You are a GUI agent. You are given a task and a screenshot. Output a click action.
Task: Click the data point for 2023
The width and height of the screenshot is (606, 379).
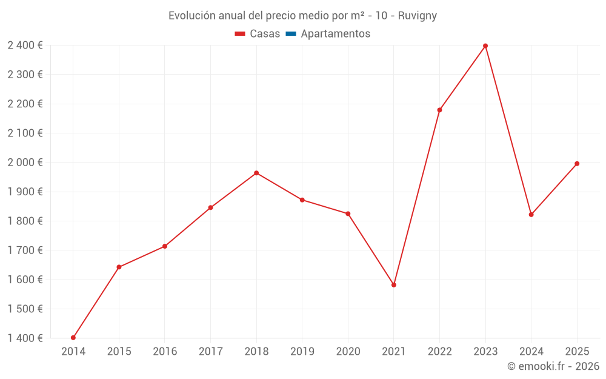485,46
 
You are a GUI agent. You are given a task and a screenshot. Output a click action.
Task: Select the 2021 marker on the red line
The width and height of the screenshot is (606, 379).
394,284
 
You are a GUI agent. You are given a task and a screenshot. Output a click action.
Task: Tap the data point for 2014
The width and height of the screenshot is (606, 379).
73,338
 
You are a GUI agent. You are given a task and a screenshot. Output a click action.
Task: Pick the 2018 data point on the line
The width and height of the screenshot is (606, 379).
256,173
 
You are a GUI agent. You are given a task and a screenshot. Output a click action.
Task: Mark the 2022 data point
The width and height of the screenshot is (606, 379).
439,110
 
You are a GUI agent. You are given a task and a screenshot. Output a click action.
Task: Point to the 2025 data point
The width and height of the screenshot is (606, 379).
577,164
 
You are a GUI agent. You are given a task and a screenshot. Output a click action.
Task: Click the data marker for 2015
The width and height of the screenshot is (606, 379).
119,267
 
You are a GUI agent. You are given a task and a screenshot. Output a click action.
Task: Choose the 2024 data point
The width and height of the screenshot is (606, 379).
531,215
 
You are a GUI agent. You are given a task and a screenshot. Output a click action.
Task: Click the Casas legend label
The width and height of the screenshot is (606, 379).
265,34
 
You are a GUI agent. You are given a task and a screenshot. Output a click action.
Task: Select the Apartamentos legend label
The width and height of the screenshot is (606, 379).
335,34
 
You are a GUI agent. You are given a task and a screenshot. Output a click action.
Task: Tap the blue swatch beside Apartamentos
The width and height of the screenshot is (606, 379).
290,34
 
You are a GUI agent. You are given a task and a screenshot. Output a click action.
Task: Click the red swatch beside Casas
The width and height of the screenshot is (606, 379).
240,34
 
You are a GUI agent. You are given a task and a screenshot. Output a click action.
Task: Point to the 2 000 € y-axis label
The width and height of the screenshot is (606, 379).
25,163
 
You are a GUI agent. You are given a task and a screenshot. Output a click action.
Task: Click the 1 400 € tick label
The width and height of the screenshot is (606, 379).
25,338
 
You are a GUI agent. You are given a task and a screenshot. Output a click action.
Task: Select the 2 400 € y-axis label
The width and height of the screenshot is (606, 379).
25,45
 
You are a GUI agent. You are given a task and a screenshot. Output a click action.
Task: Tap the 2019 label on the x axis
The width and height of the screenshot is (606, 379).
302,352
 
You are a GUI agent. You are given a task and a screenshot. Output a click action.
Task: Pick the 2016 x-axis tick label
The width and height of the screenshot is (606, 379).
165,352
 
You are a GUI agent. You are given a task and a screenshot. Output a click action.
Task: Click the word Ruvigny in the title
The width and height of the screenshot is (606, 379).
417,16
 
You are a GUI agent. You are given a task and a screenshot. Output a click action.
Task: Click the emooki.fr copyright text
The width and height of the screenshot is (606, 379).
553,366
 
